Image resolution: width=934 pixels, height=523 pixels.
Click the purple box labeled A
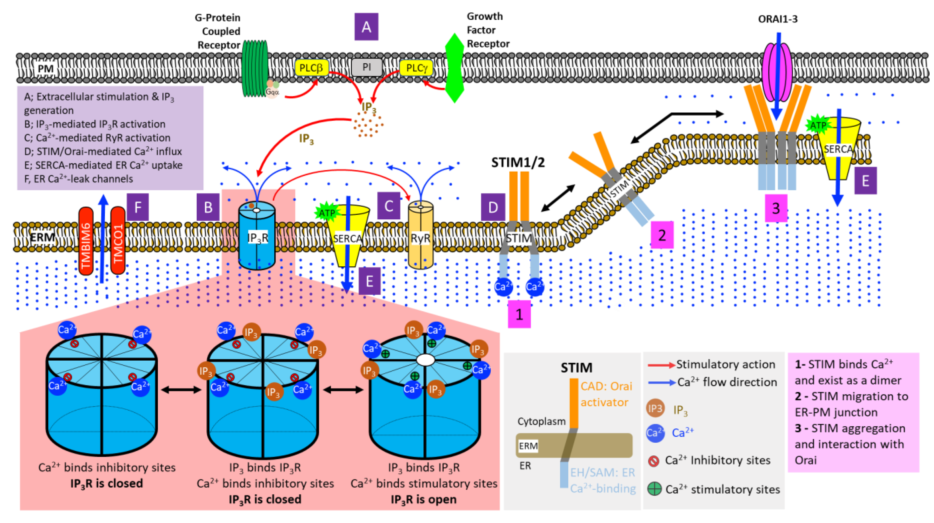click(x=366, y=27)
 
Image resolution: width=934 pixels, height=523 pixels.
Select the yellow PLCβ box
click(x=311, y=68)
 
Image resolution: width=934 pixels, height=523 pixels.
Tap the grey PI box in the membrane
click(x=367, y=67)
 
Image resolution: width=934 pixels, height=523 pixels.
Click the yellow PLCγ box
click(x=416, y=68)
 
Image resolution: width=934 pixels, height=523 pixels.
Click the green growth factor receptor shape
click(x=454, y=68)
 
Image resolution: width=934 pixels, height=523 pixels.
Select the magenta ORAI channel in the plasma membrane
click(x=777, y=73)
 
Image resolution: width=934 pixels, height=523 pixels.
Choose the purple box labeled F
click(x=138, y=207)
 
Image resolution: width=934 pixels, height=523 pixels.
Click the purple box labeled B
click(x=208, y=207)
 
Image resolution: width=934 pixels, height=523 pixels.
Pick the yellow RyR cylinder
click(x=420, y=236)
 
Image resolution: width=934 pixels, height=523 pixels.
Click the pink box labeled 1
click(x=519, y=314)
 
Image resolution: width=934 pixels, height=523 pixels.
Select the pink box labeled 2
click(x=662, y=235)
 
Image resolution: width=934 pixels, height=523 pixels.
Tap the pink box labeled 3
click(x=776, y=208)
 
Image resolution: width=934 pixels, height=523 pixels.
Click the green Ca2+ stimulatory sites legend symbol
click(x=654, y=489)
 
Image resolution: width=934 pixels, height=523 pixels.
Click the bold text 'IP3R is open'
click(x=423, y=499)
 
